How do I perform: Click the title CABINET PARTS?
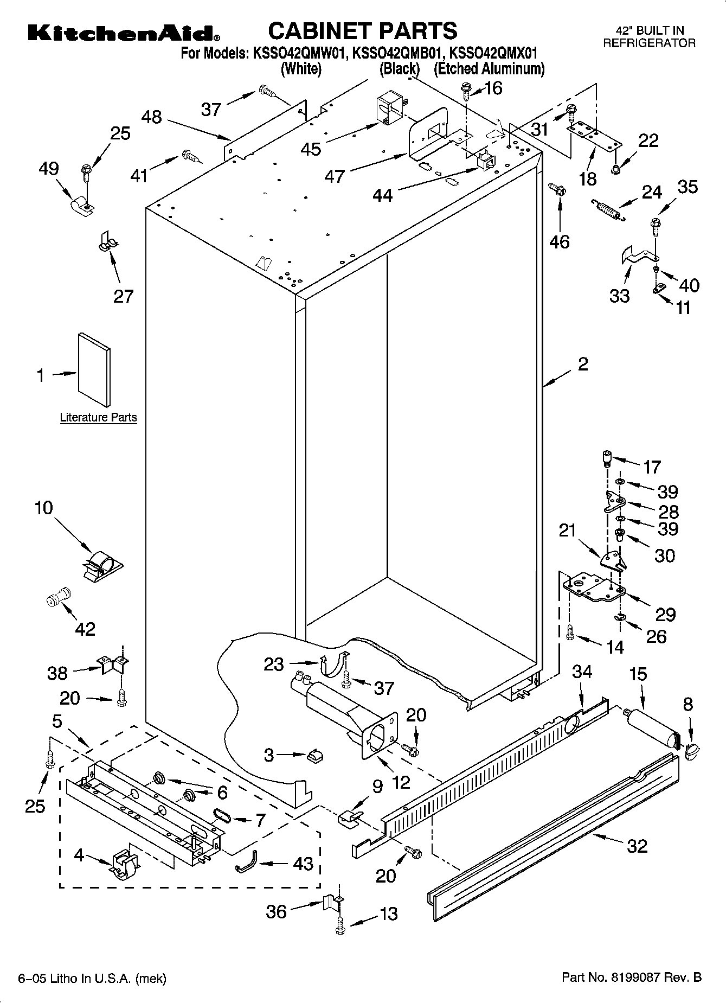pos(362,31)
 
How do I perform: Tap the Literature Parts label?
pos(98,418)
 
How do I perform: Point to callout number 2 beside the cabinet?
pos(583,363)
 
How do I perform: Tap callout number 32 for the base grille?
pos(637,846)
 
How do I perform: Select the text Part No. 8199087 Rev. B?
pos(632,978)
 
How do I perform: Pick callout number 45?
pos(311,149)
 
